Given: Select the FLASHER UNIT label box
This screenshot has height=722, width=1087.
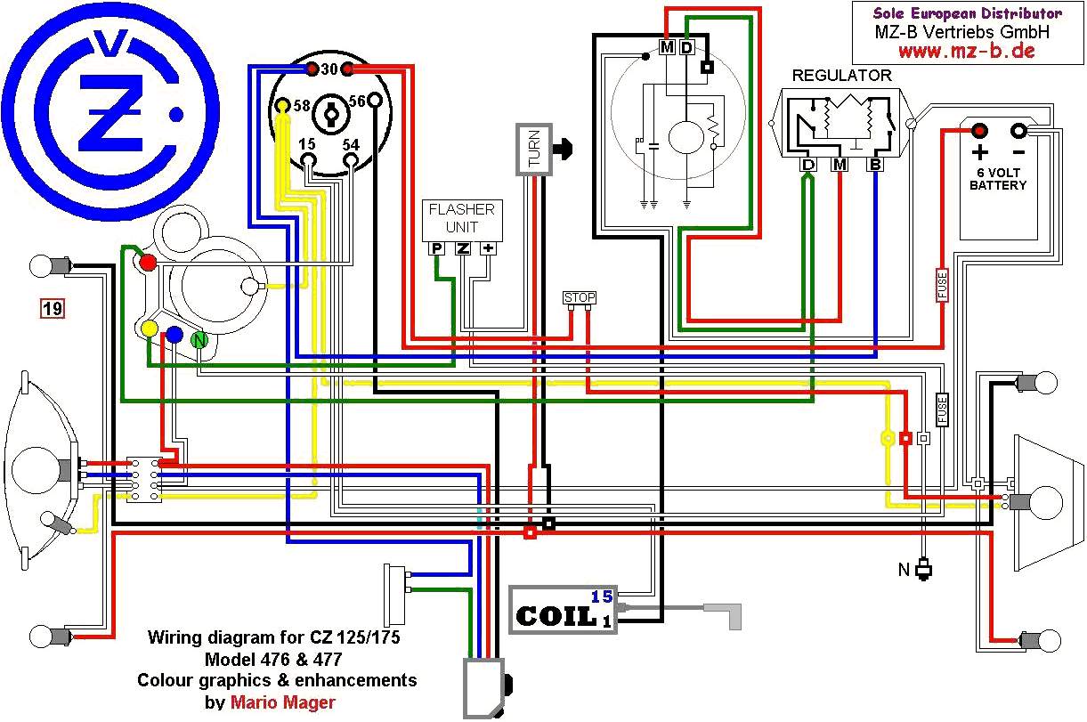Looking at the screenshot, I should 461,219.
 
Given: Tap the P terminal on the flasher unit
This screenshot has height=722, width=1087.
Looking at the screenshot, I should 437,248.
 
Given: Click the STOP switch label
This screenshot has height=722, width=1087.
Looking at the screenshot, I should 579,297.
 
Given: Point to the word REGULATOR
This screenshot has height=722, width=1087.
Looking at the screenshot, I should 841,76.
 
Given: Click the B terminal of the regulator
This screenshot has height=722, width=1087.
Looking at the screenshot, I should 875,165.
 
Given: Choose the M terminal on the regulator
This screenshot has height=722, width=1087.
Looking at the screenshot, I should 840,165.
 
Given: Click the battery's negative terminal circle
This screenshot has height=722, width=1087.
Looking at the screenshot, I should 1018,131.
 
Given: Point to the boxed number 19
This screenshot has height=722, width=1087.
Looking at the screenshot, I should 53,309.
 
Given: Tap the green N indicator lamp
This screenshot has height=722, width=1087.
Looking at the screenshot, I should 200,338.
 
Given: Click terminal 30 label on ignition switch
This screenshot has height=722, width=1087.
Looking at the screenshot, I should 328,69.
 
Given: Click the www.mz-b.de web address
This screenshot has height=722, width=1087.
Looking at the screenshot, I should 965,51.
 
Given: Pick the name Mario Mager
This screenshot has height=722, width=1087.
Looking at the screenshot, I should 283,702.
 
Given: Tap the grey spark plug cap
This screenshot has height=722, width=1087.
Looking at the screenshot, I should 722,615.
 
